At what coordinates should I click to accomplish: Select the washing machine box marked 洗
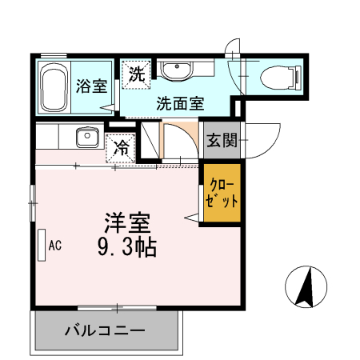point(137,74)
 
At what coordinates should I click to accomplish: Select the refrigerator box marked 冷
point(121,148)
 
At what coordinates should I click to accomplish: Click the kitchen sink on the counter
point(85,138)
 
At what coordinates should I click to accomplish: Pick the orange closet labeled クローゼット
point(220,192)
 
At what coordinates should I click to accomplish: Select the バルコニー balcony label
point(104,330)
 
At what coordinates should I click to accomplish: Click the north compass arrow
point(306,286)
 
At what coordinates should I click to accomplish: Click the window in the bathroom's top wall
point(54,55)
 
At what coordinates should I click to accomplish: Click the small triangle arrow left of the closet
point(192,216)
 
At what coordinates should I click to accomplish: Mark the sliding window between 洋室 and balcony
point(117,307)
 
